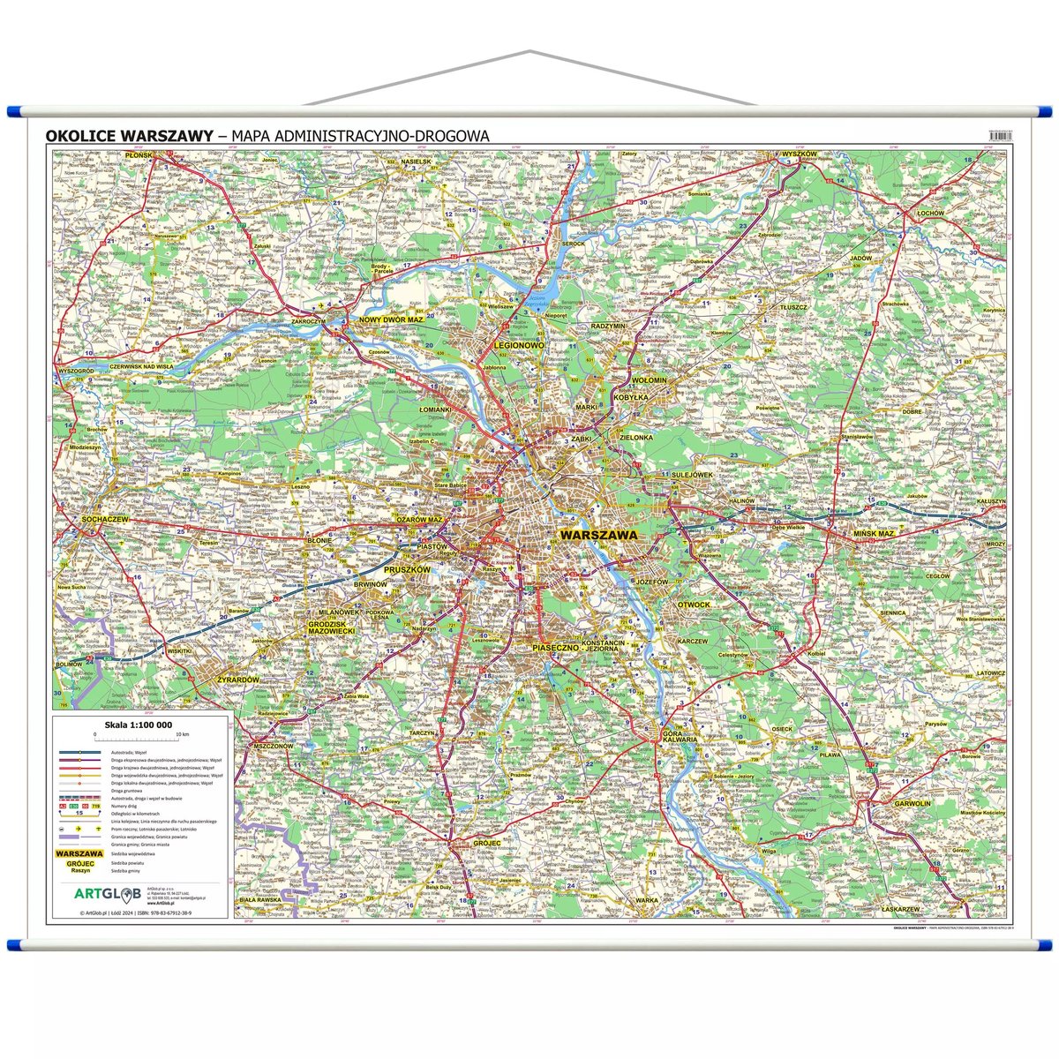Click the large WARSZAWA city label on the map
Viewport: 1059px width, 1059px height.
(x=597, y=535)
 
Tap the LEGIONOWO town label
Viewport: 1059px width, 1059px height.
(x=518, y=346)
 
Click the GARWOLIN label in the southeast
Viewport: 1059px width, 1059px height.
(x=912, y=804)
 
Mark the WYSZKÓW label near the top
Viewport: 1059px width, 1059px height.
(x=800, y=154)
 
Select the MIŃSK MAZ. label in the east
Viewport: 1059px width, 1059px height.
(x=874, y=534)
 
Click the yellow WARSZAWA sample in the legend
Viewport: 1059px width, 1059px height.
(x=80, y=854)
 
